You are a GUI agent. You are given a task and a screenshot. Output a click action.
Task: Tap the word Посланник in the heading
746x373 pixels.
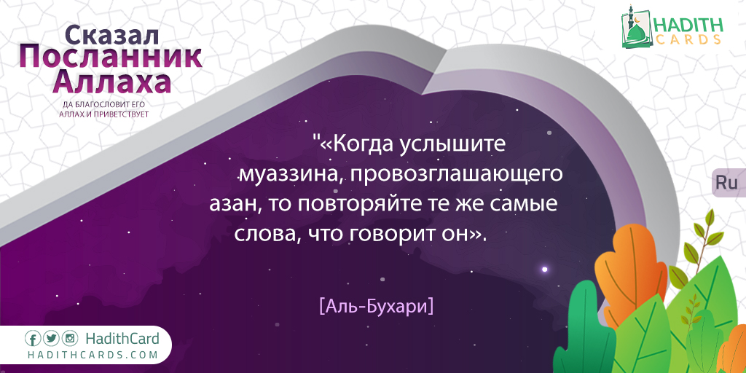(111, 58)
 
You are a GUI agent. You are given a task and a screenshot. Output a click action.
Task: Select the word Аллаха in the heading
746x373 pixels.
(111, 83)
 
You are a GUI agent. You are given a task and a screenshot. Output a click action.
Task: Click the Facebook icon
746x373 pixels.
(32, 339)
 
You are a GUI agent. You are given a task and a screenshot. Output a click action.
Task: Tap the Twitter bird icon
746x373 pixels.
(52, 339)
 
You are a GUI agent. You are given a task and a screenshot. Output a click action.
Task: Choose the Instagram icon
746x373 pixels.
(70, 339)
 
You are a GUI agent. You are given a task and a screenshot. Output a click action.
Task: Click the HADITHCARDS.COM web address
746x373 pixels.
(92, 355)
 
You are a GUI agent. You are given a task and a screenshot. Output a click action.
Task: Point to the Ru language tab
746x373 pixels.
(727, 183)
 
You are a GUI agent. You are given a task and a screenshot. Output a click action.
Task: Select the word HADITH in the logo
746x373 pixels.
(688, 25)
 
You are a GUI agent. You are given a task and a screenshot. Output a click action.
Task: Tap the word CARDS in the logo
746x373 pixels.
(688, 40)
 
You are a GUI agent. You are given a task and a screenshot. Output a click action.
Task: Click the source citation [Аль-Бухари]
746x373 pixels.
(377, 305)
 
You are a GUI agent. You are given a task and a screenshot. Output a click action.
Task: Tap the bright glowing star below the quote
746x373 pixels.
(545, 270)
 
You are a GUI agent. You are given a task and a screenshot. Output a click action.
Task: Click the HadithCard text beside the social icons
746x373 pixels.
(122, 339)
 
